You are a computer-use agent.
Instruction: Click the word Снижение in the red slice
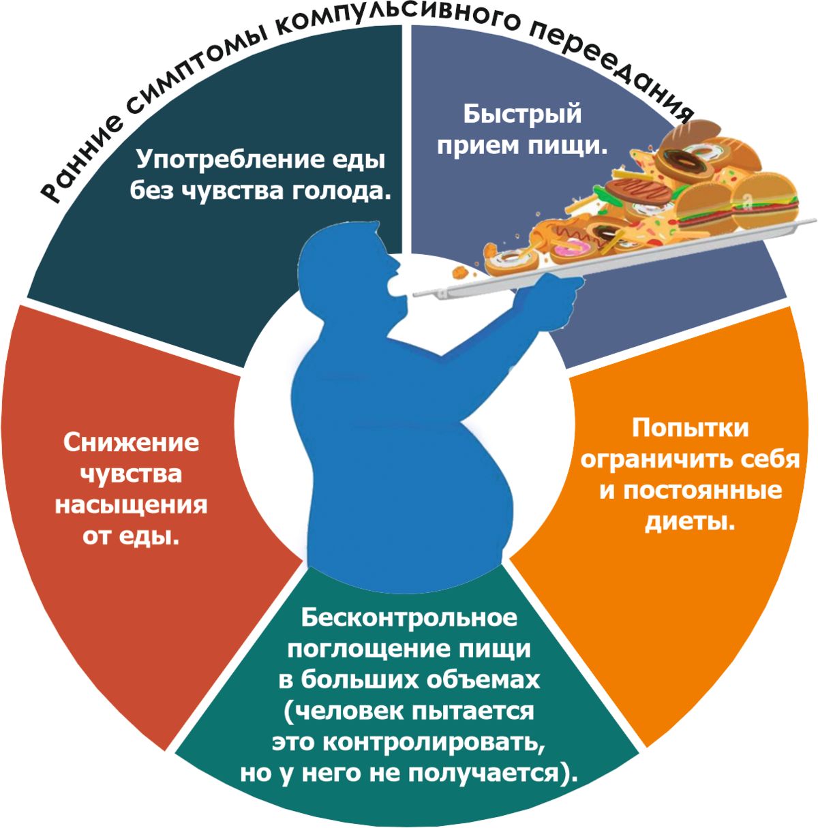pos(131,442)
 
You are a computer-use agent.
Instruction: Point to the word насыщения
pos(131,505)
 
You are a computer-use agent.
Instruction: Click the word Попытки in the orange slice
pos(690,428)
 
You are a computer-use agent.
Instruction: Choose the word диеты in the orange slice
pos(689,521)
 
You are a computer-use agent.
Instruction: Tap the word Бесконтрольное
pos(409,617)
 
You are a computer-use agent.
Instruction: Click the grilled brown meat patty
pos(638,191)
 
